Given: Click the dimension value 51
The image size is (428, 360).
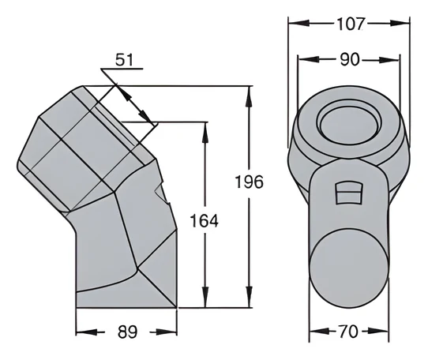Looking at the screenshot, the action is [x=124, y=60].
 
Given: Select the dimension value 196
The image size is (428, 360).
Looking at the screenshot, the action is [x=250, y=182].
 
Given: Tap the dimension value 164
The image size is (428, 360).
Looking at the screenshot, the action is [x=205, y=221].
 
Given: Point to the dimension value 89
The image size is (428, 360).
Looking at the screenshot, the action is [x=127, y=332].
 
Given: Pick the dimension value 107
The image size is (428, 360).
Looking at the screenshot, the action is [x=351, y=24].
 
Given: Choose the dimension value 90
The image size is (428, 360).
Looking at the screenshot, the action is [x=350, y=59].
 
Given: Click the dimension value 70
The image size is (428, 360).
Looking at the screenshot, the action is [x=348, y=332].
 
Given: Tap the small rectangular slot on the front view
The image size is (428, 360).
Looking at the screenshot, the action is [x=348, y=193].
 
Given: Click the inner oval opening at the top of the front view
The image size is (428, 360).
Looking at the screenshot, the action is [x=349, y=126].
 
